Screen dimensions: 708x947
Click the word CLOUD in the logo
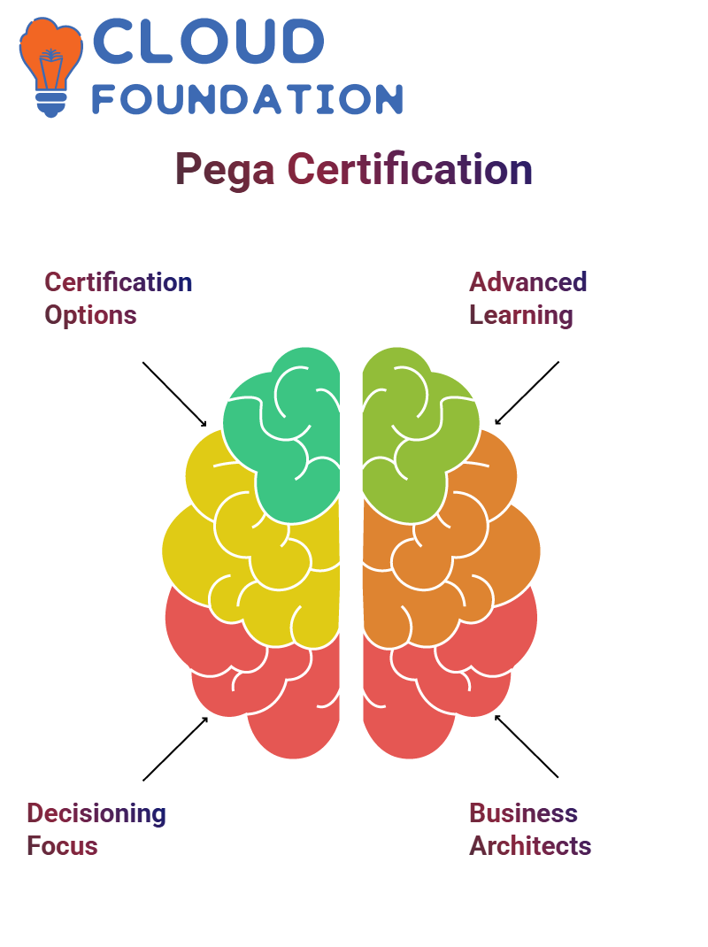(208, 41)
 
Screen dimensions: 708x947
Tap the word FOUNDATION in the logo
(247, 99)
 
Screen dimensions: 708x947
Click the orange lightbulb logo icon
(50, 66)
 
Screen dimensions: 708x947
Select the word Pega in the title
(225, 170)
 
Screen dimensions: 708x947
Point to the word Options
(90, 316)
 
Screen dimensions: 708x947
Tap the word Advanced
(528, 282)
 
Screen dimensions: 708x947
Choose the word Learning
(521, 316)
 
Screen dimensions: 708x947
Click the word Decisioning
(96, 814)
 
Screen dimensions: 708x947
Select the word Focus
(62, 846)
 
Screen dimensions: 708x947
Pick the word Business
(524, 813)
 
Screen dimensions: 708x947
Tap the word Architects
(530, 846)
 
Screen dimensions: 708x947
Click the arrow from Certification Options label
(174, 395)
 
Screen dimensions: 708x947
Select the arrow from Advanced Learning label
(527, 393)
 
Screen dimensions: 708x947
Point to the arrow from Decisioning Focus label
(175, 749)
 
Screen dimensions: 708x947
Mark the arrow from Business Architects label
(527, 746)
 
